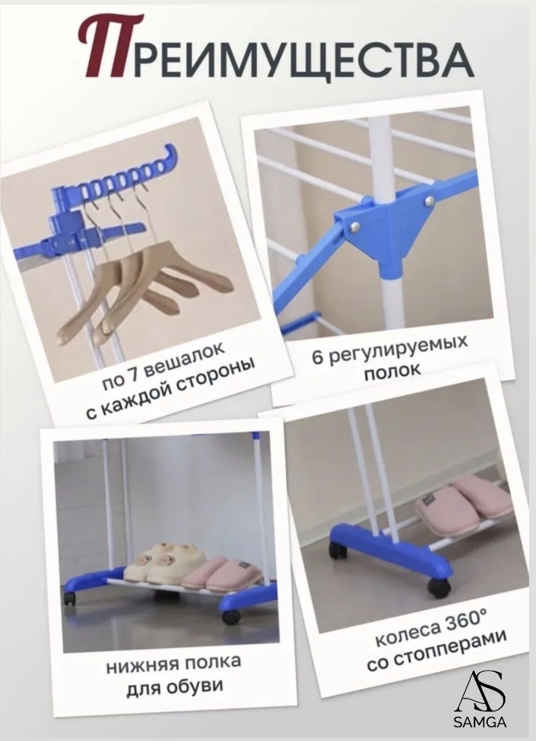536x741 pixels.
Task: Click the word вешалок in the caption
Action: (x=186, y=358)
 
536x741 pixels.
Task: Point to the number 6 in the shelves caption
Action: (x=318, y=357)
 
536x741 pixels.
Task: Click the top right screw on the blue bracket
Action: (x=430, y=200)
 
